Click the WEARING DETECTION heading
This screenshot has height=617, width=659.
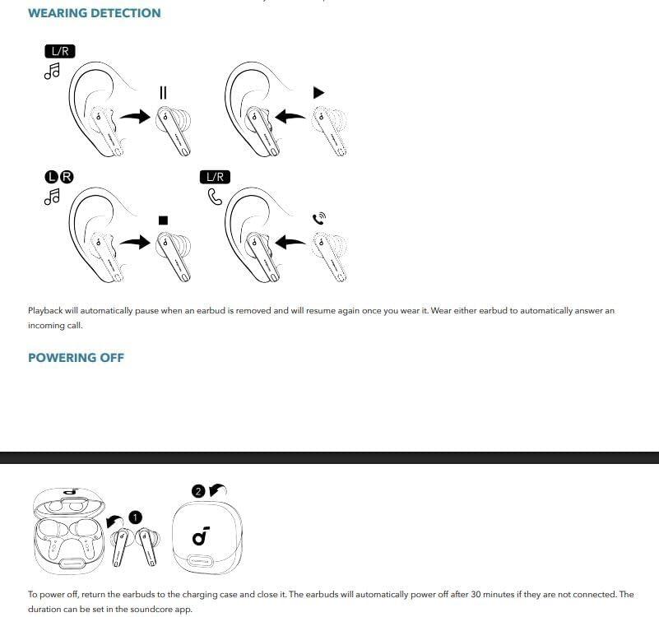94,13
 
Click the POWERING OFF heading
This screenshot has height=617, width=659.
76,358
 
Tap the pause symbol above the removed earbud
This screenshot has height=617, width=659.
163,92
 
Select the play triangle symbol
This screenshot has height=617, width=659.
319,92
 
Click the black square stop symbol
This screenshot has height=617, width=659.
163,220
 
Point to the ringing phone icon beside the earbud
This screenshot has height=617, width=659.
320,218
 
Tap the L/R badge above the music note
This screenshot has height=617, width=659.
60,51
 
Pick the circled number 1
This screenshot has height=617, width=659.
137,517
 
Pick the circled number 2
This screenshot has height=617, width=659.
197,491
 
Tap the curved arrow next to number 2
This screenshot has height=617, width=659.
216,490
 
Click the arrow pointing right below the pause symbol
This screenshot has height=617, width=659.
135,117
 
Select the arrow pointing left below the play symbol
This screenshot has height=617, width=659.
290,117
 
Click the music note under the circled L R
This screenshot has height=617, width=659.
53,197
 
